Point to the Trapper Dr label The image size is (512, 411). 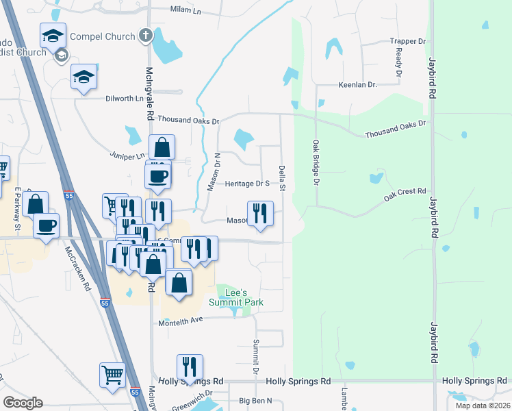pyautogui.click(x=407, y=42)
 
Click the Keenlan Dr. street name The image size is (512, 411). pyautogui.click(x=358, y=85)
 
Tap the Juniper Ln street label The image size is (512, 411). pyautogui.click(x=129, y=156)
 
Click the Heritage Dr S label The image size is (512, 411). pyautogui.click(x=248, y=184)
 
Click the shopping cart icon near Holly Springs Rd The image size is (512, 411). pyautogui.click(x=112, y=374)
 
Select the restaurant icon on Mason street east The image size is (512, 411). pyautogui.click(x=260, y=213)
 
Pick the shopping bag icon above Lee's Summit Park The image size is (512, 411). pyautogui.click(x=179, y=282)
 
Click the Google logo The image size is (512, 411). pyautogui.click(x=23, y=403)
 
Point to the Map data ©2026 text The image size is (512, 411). pyautogui.click(x=482, y=406)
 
